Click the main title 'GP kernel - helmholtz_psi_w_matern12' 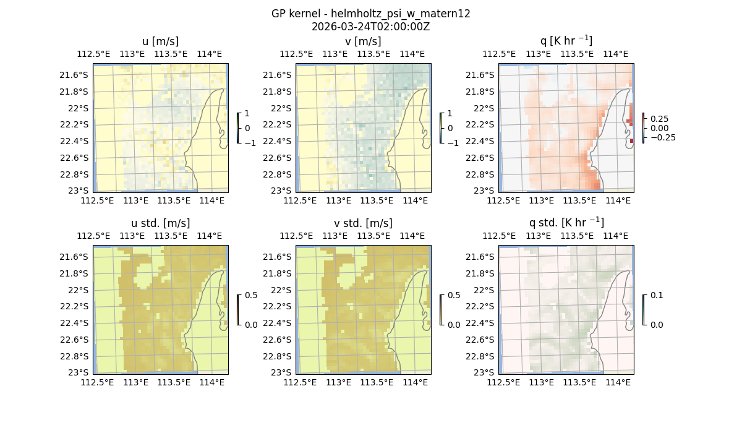(370, 14)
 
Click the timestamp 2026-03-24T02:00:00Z (370, 27)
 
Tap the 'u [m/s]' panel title (160, 41)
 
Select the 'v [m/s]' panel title (363, 41)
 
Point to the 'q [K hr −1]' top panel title (566, 41)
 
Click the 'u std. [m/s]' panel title (160, 223)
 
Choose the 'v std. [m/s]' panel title (363, 223)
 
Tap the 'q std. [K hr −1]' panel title (566, 223)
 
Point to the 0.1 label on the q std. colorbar (656, 295)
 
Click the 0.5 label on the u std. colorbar (251, 295)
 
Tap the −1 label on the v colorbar (453, 142)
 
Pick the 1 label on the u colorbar (247, 113)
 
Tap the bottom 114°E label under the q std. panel (618, 383)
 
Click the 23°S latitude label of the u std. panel (79, 372)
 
